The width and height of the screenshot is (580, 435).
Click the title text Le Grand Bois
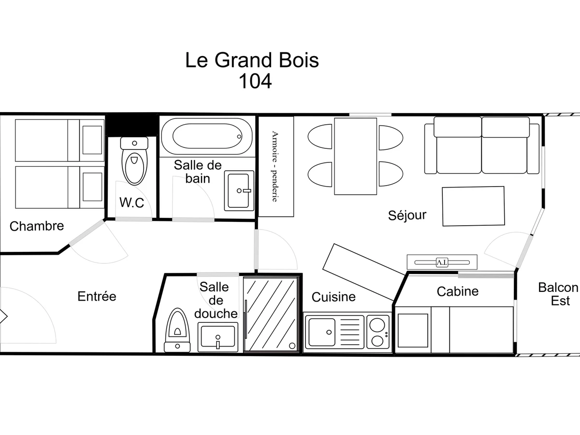(252, 60)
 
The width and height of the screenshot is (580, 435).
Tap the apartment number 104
(255, 81)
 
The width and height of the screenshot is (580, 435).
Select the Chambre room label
(37, 226)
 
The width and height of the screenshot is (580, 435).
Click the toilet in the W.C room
(134, 162)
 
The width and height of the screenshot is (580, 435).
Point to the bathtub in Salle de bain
(206, 137)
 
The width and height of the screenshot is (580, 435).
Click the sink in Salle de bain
(239, 190)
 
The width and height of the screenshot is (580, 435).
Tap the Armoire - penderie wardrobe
(276, 167)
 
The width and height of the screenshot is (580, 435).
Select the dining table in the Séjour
(355, 156)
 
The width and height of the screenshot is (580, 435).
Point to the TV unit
(442, 262)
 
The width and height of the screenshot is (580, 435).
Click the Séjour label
(407, 215)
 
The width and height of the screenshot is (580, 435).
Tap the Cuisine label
(333, 297)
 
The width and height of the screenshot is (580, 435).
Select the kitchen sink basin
(322, 332)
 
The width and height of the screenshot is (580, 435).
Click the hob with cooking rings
(378, 332)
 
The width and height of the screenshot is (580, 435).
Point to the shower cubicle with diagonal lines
(271, 314)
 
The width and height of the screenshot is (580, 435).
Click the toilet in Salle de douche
(177, 329)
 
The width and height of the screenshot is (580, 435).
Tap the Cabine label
(457, 291)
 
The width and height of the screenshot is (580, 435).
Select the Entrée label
(97, 296)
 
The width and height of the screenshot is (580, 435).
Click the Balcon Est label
(559, 294)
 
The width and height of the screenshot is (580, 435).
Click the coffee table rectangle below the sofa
(473, 206)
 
